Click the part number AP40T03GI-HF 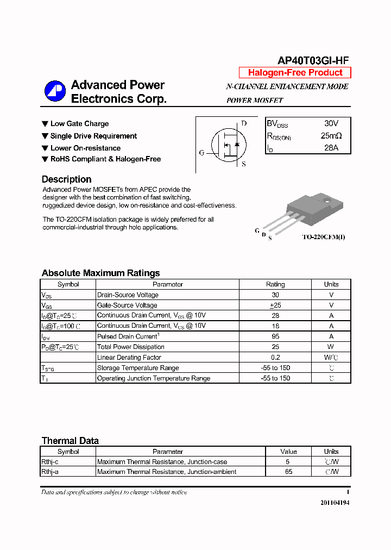coord(313,61)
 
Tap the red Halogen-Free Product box coord(295,73)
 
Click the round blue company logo coord(55,91)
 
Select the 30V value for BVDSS coord(331,124)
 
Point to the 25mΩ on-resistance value coord(331,136)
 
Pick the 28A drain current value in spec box coord(331,148)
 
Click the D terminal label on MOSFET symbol coord(244,124)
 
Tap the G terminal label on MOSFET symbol coord(201,153)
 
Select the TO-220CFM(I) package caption coord(324,237)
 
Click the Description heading coord(66,179)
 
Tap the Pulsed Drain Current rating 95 coord(275,336)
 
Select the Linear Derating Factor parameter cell coord(129,357)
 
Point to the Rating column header coord(275,284)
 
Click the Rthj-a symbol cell coord(51,472)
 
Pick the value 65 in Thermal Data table coord(288,472)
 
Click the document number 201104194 coord(335,503)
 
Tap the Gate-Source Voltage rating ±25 coord(275,305)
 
